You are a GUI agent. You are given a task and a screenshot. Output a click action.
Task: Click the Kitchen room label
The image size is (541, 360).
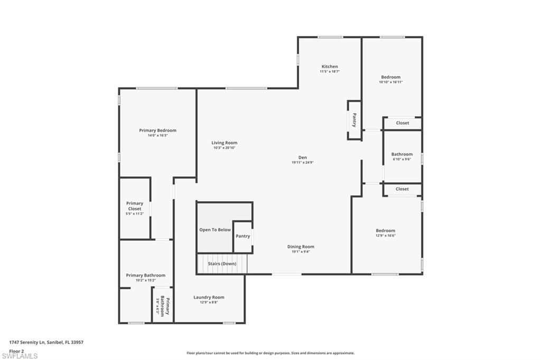click(x=330, y=67)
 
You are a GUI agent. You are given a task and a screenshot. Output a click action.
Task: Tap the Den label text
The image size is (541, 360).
click(x=303, y=157)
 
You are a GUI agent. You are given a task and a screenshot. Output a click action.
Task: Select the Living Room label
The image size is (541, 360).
click(x=224, y=143)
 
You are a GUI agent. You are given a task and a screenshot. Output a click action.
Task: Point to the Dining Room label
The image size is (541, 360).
click(x=301, y=247)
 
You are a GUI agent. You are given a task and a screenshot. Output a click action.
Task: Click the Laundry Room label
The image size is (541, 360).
click(x=209, y=297)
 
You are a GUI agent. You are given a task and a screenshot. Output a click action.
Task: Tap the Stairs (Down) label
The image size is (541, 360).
click(x=222, y=263)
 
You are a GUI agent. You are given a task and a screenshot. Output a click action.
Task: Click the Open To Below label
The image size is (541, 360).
click(x=215, y=230)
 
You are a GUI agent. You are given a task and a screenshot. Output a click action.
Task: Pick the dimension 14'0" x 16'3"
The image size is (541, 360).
click(x=157, y=136)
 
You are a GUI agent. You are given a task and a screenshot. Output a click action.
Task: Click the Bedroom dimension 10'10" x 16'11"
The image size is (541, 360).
click(x=390, y=82)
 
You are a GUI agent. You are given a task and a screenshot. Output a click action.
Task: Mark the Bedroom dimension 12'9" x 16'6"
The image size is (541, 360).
click(x=385, y=235)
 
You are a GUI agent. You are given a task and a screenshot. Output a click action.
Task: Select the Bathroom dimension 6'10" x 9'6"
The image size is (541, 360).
click(x=402, y=159)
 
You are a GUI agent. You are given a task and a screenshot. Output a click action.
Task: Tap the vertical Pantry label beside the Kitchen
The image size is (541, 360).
click(x=354, y=120)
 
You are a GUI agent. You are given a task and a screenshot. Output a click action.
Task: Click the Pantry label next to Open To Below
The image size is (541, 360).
click(x=242, y=236)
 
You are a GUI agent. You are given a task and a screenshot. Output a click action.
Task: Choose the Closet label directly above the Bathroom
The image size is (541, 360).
click(x=402, y=123)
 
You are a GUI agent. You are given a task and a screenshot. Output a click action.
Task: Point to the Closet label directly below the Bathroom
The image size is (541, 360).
click(x=402, y=188)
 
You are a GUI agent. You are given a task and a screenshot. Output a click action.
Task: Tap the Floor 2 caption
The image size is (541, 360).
click(x=16, y=350)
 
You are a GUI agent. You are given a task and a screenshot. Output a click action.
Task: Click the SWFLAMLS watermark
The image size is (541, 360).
click(x=20, y=356)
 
